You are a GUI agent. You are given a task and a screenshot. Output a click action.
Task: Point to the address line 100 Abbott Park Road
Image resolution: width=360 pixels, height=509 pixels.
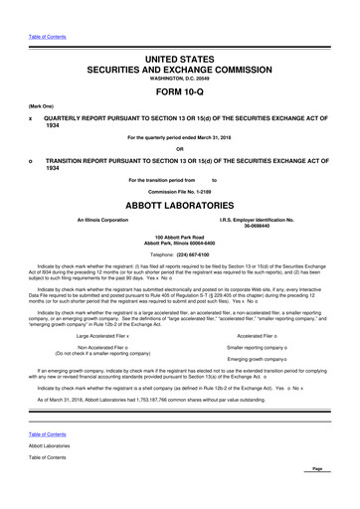click(180, 239)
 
